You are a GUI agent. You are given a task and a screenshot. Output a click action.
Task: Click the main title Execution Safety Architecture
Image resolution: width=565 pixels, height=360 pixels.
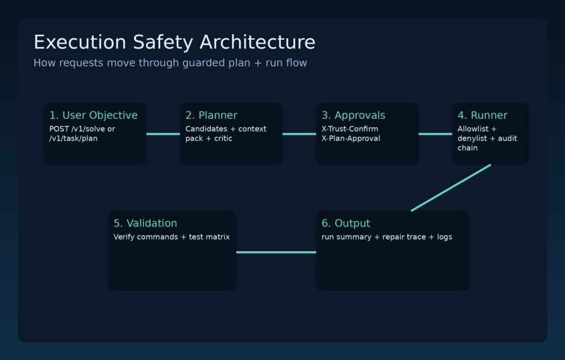point(174,43)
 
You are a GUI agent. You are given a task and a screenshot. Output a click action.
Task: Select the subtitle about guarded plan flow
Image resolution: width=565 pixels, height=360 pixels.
point(170,63)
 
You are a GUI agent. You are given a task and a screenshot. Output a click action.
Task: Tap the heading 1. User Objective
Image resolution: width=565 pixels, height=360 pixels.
point(93,115)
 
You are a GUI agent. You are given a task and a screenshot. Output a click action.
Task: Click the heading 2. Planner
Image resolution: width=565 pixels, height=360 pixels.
point(211,115)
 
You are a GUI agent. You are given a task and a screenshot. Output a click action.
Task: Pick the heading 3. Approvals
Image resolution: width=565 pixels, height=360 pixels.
point(353,115)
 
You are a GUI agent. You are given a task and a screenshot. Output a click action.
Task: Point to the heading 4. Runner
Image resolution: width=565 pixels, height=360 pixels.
point(482,115)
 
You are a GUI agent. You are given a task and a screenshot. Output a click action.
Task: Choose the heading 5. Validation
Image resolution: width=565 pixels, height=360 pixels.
point(145,224)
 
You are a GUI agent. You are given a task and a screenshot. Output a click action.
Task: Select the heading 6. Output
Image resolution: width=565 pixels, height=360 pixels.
point(345,224)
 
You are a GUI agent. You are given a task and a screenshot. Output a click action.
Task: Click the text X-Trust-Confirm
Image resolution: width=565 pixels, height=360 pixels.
point(350,129)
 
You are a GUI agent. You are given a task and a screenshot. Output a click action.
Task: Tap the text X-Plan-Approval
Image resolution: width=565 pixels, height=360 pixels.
point(351,139)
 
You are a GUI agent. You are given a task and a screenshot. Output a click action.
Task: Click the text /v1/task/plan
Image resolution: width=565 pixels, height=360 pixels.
point(73,139)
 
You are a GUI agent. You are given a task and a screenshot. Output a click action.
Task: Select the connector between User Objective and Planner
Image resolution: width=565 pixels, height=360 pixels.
point(163,134)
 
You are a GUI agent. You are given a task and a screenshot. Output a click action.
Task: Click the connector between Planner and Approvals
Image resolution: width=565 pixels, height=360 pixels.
point(299,134)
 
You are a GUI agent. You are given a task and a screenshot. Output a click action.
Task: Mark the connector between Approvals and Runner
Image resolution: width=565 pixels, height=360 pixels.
point(435,134)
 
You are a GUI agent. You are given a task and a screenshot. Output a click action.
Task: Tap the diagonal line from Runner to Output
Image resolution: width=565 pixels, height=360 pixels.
point(451,188)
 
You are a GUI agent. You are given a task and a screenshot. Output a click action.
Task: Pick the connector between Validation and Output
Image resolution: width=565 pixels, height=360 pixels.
point(276,252)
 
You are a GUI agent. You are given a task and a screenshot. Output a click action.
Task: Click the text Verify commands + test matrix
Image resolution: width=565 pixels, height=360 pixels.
point(172,237)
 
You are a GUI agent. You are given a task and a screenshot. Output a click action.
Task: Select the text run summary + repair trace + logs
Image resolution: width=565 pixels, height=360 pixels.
point(387,237)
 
